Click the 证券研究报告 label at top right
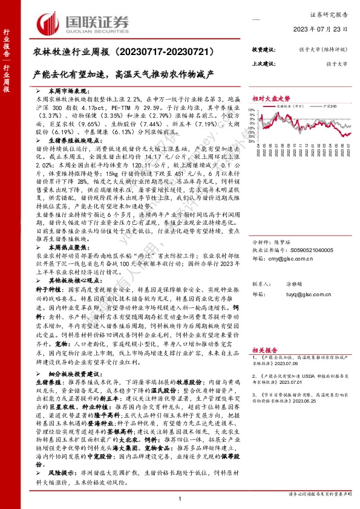point(334,12)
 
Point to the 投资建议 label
point(263,50)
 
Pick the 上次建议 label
point(263,63)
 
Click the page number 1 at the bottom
point(180,498)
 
